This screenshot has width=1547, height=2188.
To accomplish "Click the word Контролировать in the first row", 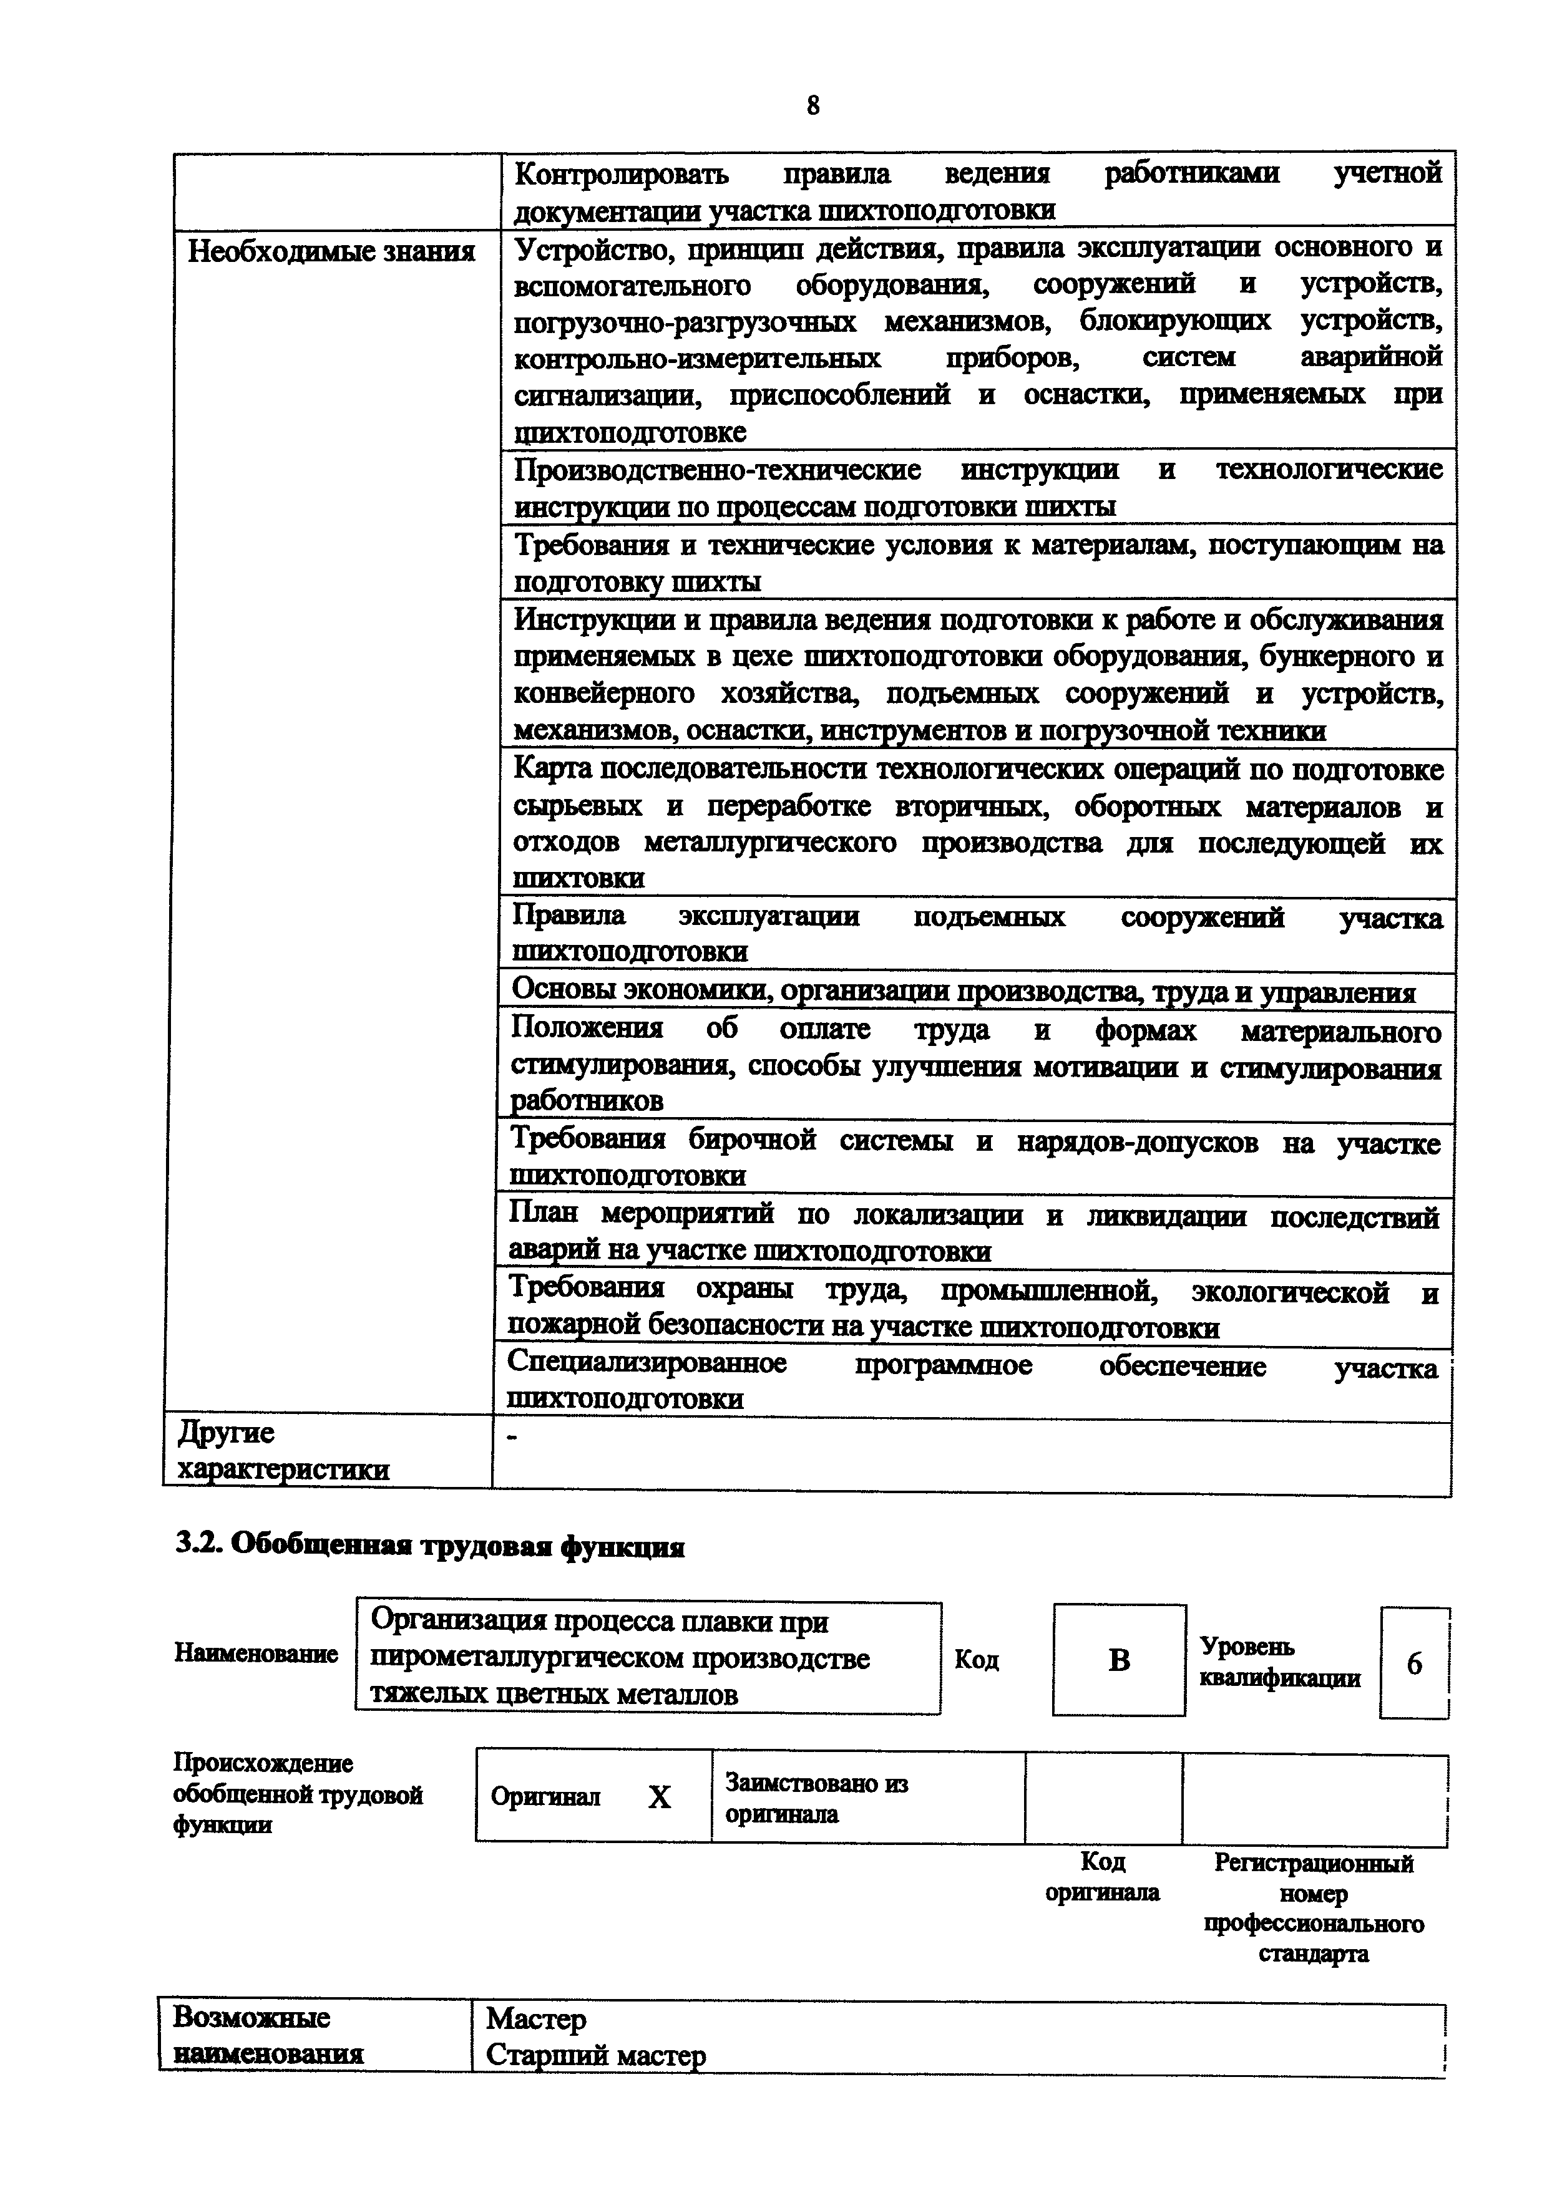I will click(622, 175).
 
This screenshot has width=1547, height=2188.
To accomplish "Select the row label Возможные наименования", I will click(267, 2035).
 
